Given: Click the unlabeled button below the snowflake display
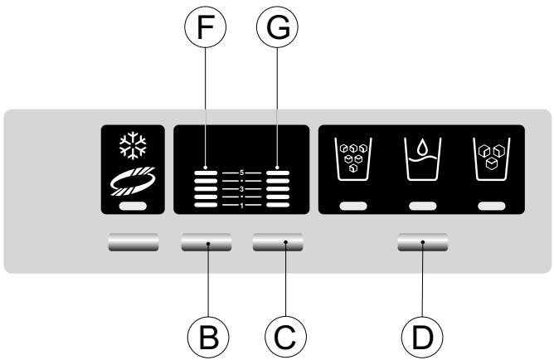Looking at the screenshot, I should click(x=134, y=242).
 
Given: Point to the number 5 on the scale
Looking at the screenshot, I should click(x=241, y=173).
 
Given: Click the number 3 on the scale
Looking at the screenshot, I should click(x=241, y=189).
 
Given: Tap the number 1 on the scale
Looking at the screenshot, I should click(x=241, y=205).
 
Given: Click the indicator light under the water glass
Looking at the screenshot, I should click(x=422, y=205).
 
